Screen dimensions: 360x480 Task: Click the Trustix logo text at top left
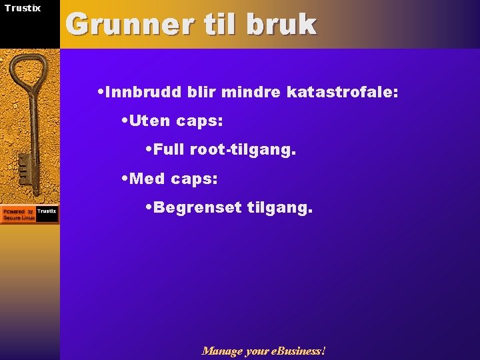tap(23, 8)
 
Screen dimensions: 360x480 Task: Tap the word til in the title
tap(225, 25)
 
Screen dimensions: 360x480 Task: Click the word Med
tap(149, 179)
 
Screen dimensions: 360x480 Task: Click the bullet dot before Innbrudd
tap(100, 92)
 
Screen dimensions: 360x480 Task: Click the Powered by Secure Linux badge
tap(29, 214)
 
